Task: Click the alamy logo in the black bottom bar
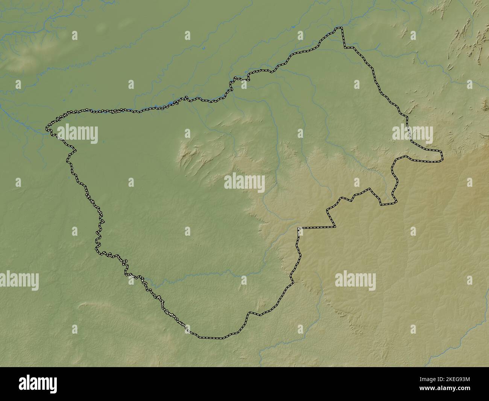(x=38, y=384)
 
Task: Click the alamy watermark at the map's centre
(x=244, y=183)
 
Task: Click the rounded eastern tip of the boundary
(x=441, y=156)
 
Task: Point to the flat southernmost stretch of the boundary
(x=211, y=337)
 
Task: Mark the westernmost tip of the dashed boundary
(x=47, y=128)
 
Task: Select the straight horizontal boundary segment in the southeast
(x=316, y=227)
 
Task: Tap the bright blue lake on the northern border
(x=171, y=102)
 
